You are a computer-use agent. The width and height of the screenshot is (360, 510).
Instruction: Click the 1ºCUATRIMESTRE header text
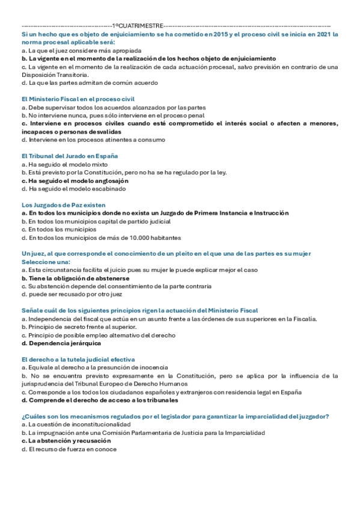click(137, 26)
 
